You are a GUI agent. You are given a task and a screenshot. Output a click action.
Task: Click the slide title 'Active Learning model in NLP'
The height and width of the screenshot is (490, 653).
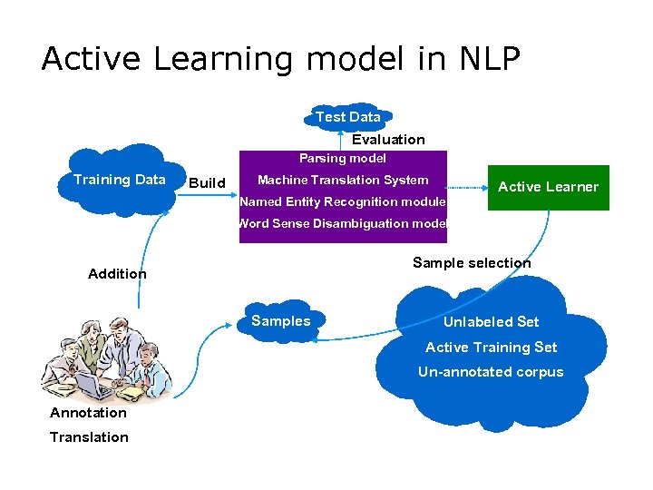coord(280,59)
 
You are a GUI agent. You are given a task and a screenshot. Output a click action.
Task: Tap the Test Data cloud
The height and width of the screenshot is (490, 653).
coord(347,117)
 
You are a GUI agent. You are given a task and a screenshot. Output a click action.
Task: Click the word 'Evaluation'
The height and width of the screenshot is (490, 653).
coord(388,140)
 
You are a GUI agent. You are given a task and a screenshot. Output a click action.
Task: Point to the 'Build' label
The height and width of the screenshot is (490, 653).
coord(207,183)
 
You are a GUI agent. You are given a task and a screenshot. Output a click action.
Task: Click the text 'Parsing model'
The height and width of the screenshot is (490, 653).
coord(343,159)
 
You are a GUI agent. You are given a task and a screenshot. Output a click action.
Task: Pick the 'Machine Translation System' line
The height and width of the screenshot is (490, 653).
coord(343,180)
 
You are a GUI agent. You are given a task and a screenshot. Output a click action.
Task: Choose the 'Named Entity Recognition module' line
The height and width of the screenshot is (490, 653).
coord(343,201)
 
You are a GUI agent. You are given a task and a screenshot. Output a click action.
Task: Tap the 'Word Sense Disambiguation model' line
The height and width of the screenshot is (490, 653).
coord(343,223)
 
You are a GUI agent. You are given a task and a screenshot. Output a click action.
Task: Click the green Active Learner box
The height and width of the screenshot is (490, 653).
coord(548,187)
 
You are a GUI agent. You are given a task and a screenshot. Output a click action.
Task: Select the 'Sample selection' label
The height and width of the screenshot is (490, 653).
coord(472,263)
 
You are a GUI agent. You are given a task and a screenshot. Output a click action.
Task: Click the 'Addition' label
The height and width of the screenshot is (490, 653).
coord(117,274)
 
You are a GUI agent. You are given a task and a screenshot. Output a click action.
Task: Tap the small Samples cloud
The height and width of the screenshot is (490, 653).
coord(281,321)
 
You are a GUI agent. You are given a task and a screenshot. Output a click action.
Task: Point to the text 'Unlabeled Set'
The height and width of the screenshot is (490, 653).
coord(491,322)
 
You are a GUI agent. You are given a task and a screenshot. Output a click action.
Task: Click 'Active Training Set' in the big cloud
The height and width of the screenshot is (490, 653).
coord(491,348)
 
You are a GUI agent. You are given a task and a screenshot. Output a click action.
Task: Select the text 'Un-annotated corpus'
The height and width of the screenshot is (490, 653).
coord(491,372)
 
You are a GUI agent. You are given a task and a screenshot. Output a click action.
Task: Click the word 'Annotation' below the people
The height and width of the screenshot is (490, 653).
coord(88,413)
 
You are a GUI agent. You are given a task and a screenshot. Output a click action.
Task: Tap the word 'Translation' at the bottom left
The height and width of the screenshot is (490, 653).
coord(89,437)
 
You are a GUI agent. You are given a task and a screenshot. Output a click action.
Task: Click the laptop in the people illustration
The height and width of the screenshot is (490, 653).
coord(93,387)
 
